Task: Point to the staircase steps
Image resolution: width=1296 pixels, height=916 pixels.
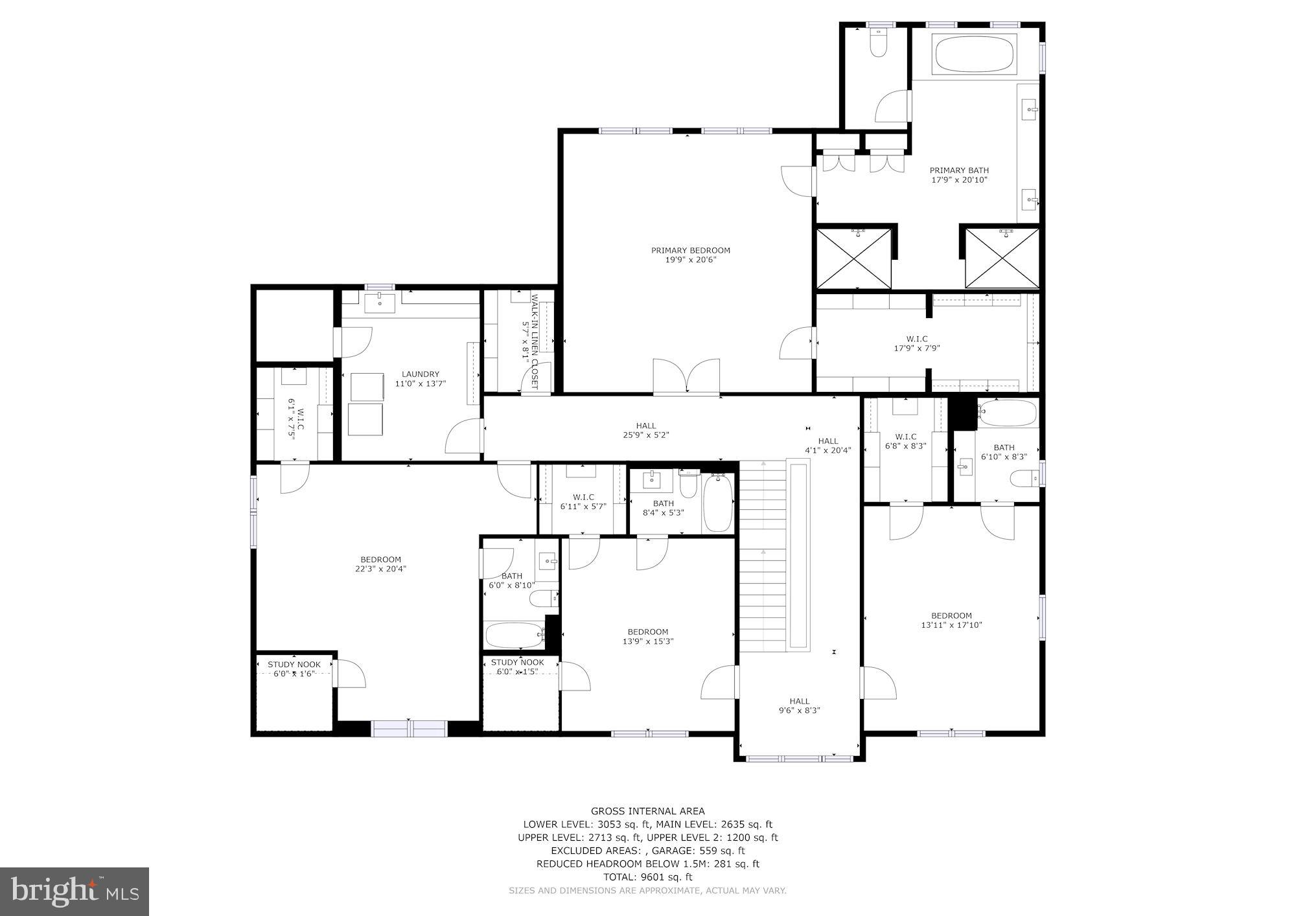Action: (763, 557)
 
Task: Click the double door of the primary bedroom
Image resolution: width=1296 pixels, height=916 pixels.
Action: (686, 377)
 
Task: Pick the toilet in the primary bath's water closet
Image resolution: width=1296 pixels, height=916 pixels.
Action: (878, 43)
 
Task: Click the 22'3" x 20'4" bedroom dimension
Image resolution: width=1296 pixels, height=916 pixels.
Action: (381, 569)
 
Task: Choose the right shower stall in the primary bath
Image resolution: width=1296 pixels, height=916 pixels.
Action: (1002, 258)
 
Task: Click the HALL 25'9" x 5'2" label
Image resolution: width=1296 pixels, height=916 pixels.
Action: (645, 431)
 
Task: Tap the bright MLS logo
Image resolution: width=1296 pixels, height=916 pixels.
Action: (75, 891)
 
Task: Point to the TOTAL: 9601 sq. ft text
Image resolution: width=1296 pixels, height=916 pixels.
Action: (647, 877)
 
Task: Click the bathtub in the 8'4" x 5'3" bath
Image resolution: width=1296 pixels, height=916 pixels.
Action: (717, 503)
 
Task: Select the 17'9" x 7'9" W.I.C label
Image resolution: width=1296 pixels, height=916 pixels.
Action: (917, 343)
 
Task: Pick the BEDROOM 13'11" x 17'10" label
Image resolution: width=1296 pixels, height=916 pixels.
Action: (951, 621)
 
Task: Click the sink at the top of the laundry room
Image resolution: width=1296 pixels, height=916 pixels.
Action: (380, 303)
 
